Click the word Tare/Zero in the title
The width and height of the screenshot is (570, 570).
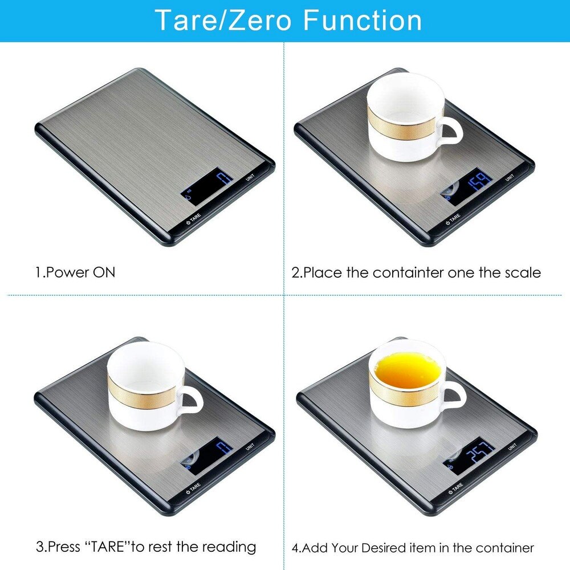coord(223,20)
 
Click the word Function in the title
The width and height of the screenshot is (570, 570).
coord(363,20)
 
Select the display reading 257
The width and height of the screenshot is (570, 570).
coord(469,455)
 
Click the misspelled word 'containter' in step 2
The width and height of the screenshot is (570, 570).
coord(408,272)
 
